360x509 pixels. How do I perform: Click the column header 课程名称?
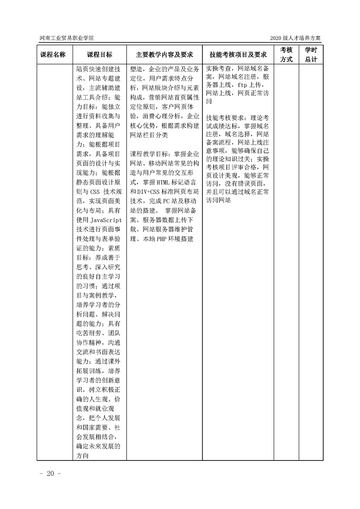(53, 54)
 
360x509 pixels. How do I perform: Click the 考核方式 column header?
(286, 54)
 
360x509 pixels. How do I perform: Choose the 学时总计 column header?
(311, 54)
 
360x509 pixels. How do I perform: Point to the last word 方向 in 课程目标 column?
(83, 456)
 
